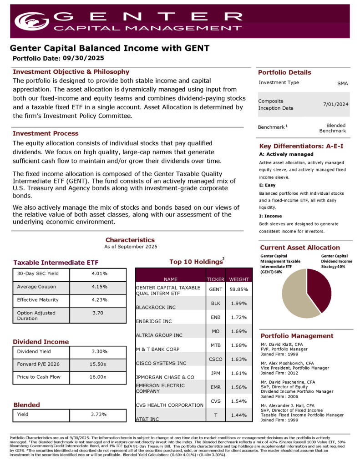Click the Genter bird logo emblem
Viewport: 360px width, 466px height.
[31, 20]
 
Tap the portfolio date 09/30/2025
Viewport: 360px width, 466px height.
[83, 58]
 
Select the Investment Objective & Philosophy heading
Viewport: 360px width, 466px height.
[71, 72]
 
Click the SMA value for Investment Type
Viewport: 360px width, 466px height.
[342, 84]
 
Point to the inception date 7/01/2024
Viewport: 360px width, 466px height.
[336, 104]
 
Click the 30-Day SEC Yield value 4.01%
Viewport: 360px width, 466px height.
[99, 274]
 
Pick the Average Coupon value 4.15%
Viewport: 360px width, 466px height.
[99, 287]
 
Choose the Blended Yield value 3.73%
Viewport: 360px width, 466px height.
[98, 414]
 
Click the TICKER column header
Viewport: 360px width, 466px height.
[215, 279]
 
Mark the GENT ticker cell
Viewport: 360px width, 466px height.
[215, 289]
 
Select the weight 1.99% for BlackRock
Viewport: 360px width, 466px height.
[238, 304]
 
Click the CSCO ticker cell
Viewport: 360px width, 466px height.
[215, 359]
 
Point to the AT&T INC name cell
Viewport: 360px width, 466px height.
[147, 418]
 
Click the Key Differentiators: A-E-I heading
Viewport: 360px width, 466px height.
[301, 146]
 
